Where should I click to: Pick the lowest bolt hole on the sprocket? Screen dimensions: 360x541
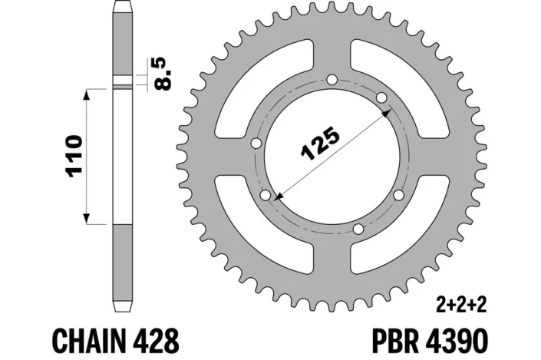[x=358, y=228]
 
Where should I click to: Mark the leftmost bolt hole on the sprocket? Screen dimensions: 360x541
[x=256, y=142]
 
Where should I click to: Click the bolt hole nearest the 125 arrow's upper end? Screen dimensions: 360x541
[x=381, y=97]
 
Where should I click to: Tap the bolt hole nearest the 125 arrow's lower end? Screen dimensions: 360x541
[x=266, y=197]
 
